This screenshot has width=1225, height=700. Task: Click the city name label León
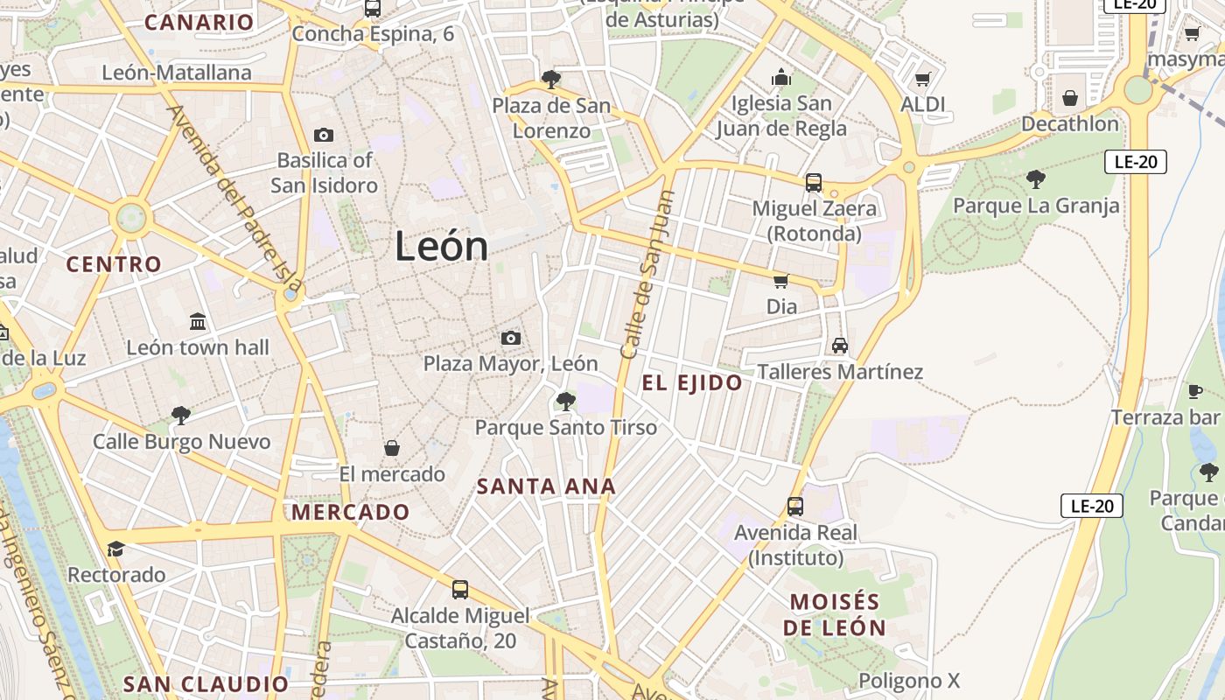pyautogui.click(x=441, y=246)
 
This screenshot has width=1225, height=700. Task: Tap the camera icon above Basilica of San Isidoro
pyautogui.click(x=324, y=135)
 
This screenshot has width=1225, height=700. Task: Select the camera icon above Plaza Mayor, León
pyautogui.click(x=511, y=338)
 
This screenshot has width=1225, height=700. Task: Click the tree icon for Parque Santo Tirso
pyautogui.click(x=565, y=402)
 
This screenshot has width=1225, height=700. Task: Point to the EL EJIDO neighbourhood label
pyautogui.click(x=692, y=382)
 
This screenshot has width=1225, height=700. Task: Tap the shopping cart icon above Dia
pyautogui.click(x=780, y=281)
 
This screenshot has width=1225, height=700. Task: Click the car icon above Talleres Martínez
pyautogui.click(x=840, y=346)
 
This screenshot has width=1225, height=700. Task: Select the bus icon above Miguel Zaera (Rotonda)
pyautogui.click(x=814, y=183)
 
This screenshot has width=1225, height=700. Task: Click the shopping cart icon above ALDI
pyautogui.click(x=922, y=80)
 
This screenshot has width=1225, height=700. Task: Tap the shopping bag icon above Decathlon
pyautogui.click(x=1069, y=98)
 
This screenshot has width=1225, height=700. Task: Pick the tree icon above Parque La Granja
pyautogui.click(x=1035, y=179)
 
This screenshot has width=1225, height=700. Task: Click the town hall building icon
pyautogui.click(x=198, y=321)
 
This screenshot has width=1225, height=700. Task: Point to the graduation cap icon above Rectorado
pyautogui.click(x=115, y=549)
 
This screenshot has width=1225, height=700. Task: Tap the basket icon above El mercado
pyautogui.click(x=392, y=448)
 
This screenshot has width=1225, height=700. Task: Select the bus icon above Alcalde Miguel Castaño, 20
pyautogui.click(x=460, y=590)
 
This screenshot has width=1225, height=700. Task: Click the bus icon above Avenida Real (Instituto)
pyautogui.click(x=795, y=506)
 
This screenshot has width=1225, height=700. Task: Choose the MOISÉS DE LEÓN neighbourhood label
pyautogui.click(x=834, y=614)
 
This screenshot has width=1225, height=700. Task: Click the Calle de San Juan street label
pyautogui.click(x=649, y=275)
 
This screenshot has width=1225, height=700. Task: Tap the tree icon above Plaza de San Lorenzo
pyautogui.click(x=550, y=80)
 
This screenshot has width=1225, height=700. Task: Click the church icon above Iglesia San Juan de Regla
pyautogui.click(x=781, y=78)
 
